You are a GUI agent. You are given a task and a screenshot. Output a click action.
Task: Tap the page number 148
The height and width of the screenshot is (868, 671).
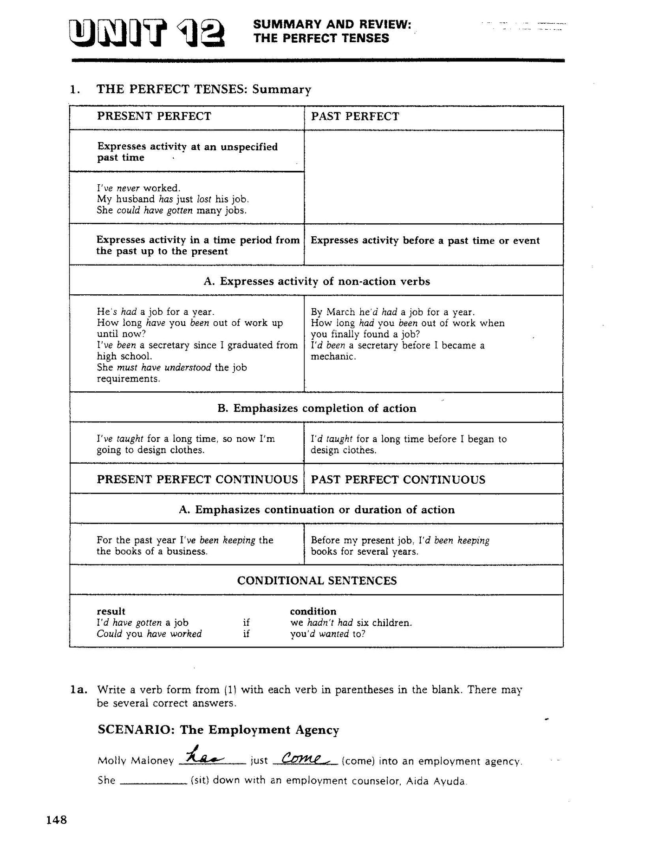point(57,820)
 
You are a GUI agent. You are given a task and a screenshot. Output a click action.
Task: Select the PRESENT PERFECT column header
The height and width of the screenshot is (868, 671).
point(154,116)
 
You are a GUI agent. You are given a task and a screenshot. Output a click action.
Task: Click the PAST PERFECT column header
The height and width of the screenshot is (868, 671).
point(355,117)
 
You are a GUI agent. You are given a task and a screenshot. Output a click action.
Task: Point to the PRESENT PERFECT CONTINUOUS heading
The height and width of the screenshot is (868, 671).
point(197,479)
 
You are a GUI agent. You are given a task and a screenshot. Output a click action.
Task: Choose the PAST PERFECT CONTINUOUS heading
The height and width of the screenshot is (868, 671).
point(398,479)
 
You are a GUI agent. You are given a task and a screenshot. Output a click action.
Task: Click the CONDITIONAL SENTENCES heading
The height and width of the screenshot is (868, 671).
point(317,581)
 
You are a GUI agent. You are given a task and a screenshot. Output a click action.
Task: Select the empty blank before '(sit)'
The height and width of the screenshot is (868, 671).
point(153,781)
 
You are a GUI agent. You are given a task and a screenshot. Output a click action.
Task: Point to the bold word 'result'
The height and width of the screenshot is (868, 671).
point(111,611)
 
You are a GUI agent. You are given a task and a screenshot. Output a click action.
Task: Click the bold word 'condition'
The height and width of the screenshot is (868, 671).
point(313,611)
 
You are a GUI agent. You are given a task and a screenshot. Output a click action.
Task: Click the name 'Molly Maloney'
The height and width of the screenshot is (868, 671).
point(136,761)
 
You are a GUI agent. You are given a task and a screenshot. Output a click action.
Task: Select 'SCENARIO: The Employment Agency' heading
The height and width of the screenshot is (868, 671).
point(218,730)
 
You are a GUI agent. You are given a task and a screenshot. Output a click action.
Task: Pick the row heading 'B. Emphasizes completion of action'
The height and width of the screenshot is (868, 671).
point(317,408)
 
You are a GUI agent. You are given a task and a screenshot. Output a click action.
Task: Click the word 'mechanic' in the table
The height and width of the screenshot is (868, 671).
point(332,357)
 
